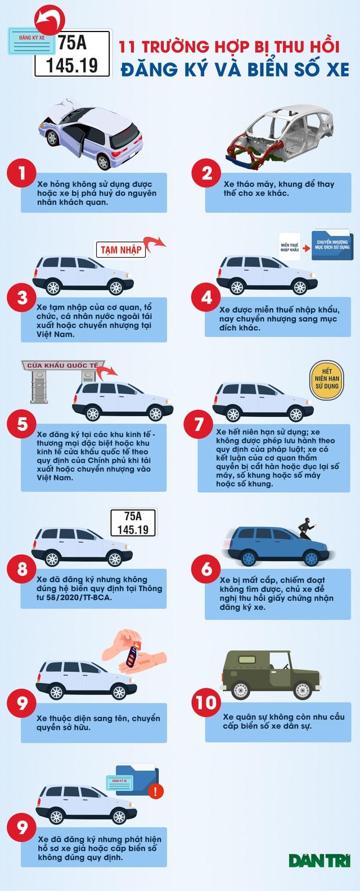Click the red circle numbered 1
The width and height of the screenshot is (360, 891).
point(21,173)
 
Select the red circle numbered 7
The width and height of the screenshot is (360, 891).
point(198,425)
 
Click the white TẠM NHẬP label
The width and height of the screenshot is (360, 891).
point(120,250)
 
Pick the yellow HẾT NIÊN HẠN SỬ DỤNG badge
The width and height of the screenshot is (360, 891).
point(327,379)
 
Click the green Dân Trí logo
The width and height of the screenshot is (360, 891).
point(319,861)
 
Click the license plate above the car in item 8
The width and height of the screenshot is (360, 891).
point(133,523)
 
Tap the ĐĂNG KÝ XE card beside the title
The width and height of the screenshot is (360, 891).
point(31,40)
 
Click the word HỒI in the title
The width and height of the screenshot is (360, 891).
point(324,47)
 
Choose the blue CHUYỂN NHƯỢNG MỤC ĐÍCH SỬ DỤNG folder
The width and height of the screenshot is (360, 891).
point(332,245)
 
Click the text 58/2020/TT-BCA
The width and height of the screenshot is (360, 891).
point(80,597)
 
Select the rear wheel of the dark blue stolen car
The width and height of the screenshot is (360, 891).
point(248,557)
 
